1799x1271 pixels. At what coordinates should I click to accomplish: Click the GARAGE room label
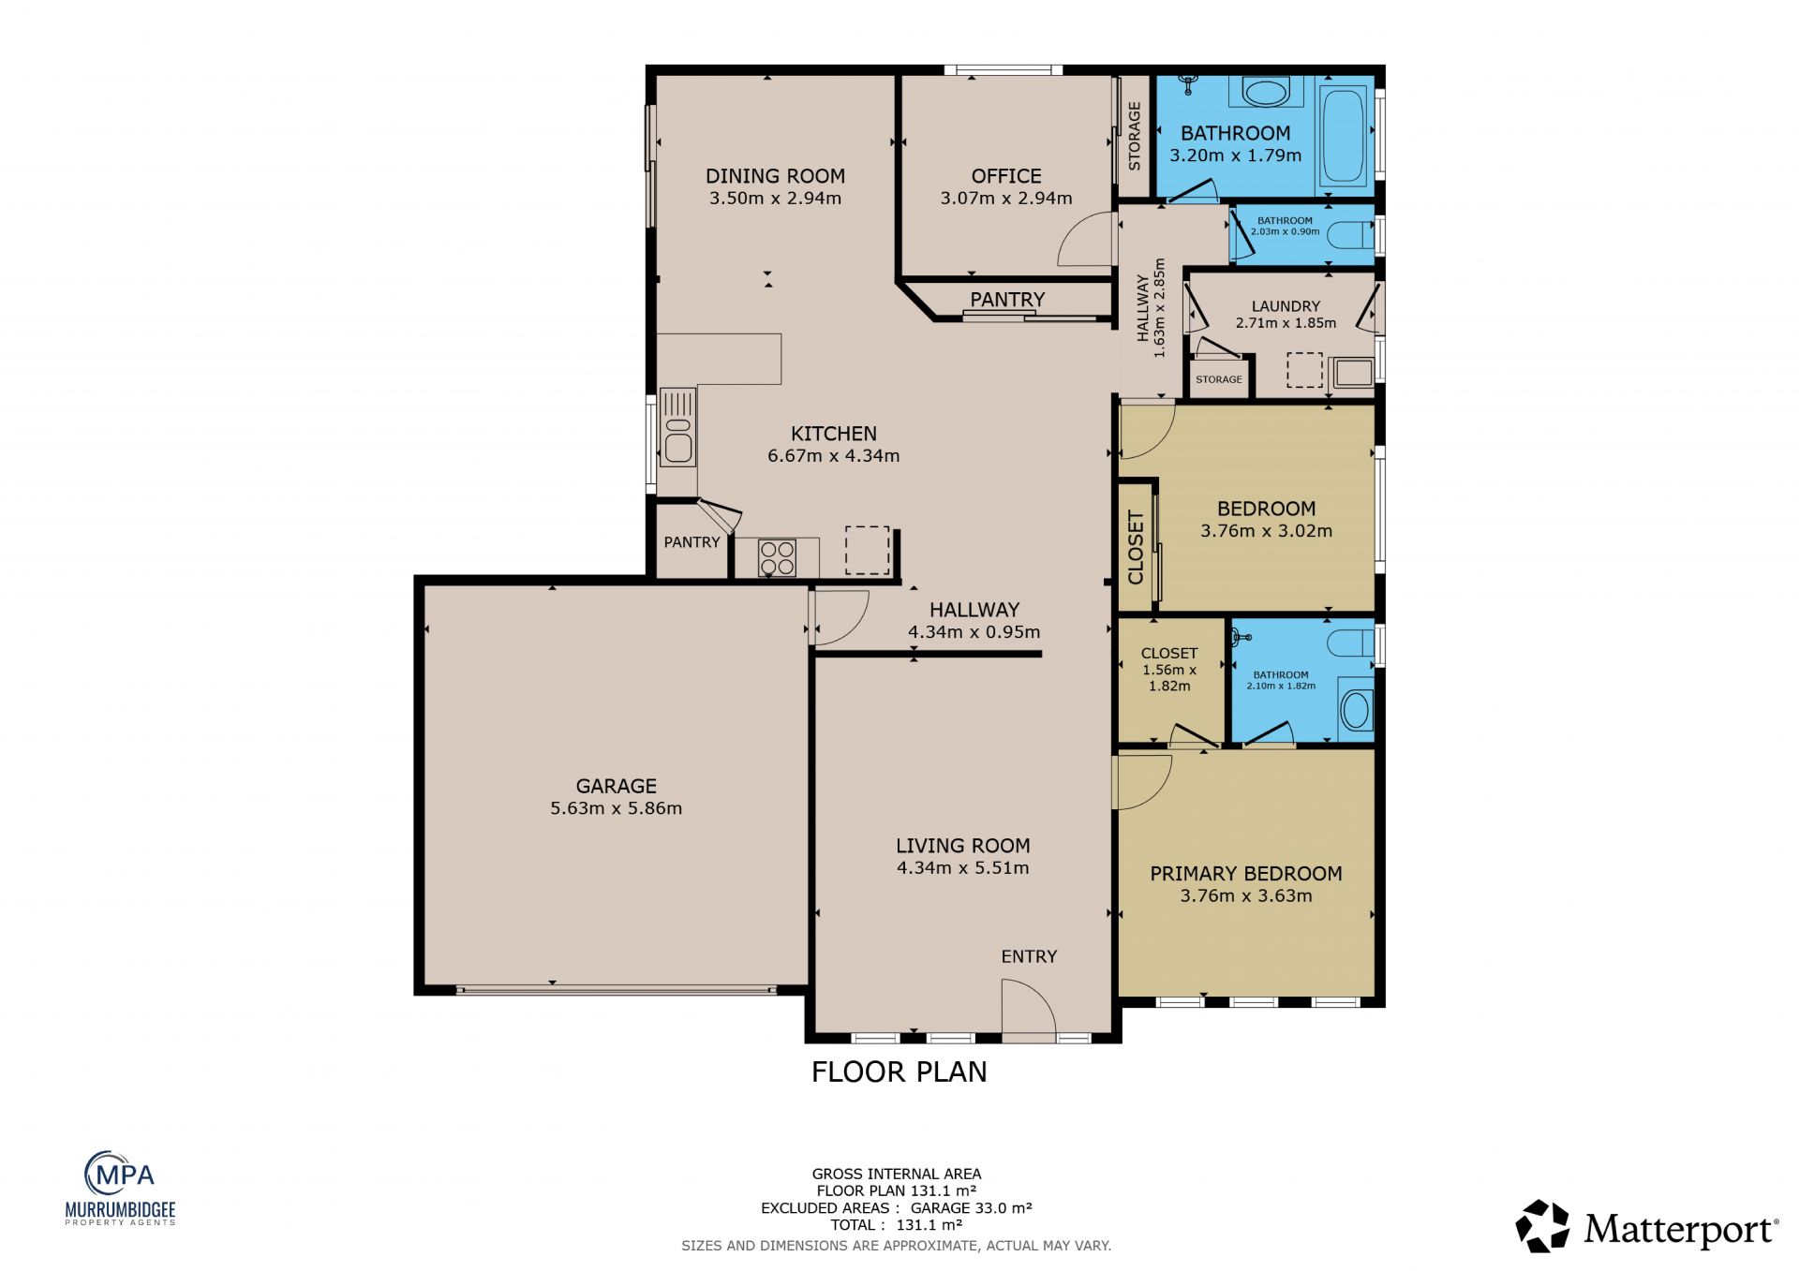click(616, 786)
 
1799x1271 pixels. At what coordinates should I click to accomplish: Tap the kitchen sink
click(677, 427)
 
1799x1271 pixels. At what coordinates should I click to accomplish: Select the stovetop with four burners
click(777, 558)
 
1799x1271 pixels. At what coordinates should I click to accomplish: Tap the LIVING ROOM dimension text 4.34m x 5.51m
click(962, 868)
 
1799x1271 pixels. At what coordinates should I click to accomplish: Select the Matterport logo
click(1646, 1227)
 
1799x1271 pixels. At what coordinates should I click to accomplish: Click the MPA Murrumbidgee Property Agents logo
click(120, 1188)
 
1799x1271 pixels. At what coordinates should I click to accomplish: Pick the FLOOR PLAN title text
click(899, 1071)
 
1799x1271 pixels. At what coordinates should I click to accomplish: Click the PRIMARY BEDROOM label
click(1245, 874)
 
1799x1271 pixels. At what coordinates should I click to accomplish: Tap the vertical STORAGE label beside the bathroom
click(1135, 136)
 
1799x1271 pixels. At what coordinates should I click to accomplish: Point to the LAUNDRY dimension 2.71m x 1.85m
click(1286, 323)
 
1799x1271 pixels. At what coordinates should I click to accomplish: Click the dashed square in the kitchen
click(868, 550)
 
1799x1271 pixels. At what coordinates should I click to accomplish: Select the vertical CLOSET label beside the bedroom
click(1136, 547)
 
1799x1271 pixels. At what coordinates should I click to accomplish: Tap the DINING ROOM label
click(775, 176)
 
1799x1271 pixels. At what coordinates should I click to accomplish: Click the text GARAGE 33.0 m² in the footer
click(971, 1208)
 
